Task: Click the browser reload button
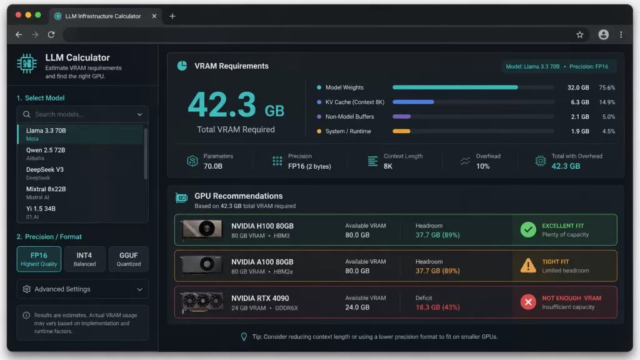point(51,35)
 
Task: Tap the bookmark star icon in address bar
point(579,35)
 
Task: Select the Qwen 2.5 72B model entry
point(46,154)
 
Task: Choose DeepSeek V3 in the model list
point(45,173)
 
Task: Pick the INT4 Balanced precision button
point(84,259)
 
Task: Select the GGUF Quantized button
point(129,259)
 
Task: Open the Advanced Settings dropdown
point(82,289)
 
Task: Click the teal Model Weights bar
point(455,87)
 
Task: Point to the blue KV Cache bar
point(413,102)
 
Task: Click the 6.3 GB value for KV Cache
point(580,102)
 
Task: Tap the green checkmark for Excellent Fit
point(528,230)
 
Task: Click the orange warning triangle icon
point(528,266)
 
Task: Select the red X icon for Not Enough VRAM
point(528,302)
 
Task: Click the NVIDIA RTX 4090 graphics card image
point(202,302)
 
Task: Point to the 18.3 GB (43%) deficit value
point(437,307)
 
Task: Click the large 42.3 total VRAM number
point(221,104)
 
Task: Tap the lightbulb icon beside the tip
point(244,337)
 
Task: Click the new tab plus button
point(172,16)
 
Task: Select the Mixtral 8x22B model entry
point(46,192)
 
